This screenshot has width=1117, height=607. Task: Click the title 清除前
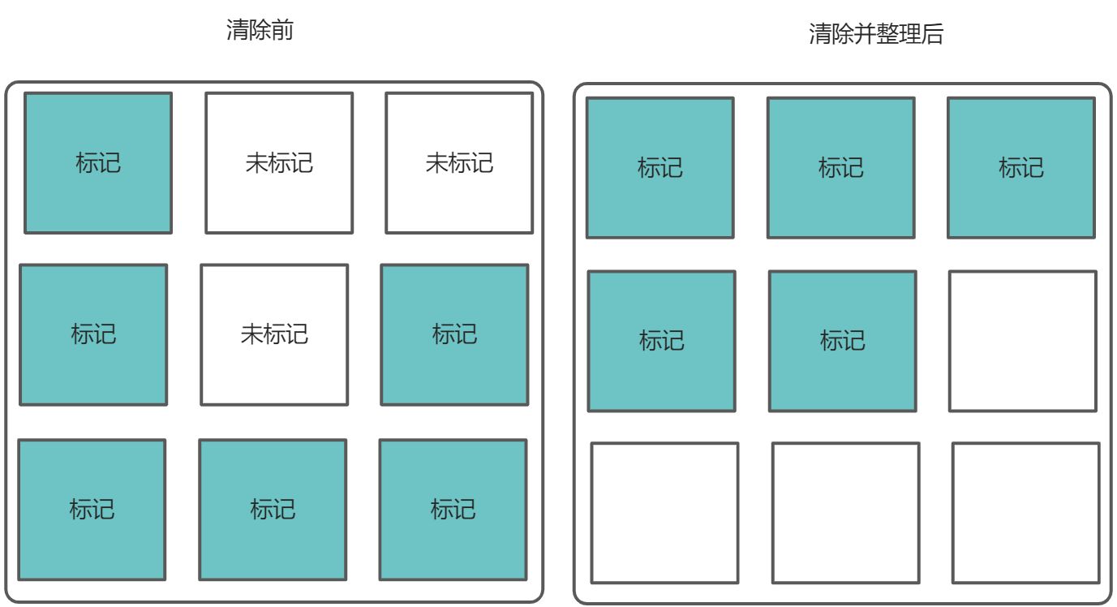pos(259,32)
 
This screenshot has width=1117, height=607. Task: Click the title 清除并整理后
pos(876,34)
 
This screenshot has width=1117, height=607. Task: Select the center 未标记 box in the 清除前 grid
pos(274,334)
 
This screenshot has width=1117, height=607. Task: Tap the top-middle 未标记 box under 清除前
pos(279,163)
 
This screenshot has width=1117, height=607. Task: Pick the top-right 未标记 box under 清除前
pos(459,163)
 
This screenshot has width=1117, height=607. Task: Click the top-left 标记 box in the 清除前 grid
pos(98,163)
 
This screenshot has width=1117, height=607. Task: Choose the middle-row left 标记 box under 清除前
pos(93,334)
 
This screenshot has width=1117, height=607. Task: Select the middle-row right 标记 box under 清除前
pos(454,334)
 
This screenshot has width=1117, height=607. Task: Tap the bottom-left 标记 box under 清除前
pos(92,510)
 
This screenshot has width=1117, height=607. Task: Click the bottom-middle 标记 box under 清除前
pos(273,510)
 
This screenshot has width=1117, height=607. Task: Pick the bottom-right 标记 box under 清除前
pos(453,510)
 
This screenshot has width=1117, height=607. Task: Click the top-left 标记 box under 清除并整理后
pos(660,168)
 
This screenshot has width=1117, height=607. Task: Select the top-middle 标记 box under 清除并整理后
pos(841,168)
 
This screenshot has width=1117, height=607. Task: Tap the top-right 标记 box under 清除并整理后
pos(1021,168)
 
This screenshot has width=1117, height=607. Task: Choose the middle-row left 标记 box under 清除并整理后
pos(662,341)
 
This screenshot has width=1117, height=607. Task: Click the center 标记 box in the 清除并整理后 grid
pos(843,341)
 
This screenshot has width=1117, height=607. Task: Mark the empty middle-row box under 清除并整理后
pos(1023,341)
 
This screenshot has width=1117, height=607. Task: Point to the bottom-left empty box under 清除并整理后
pos(665,513)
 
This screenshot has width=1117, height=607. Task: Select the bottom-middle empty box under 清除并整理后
pos(846,513)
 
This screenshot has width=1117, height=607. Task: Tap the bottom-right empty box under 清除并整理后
pos(1026,513)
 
